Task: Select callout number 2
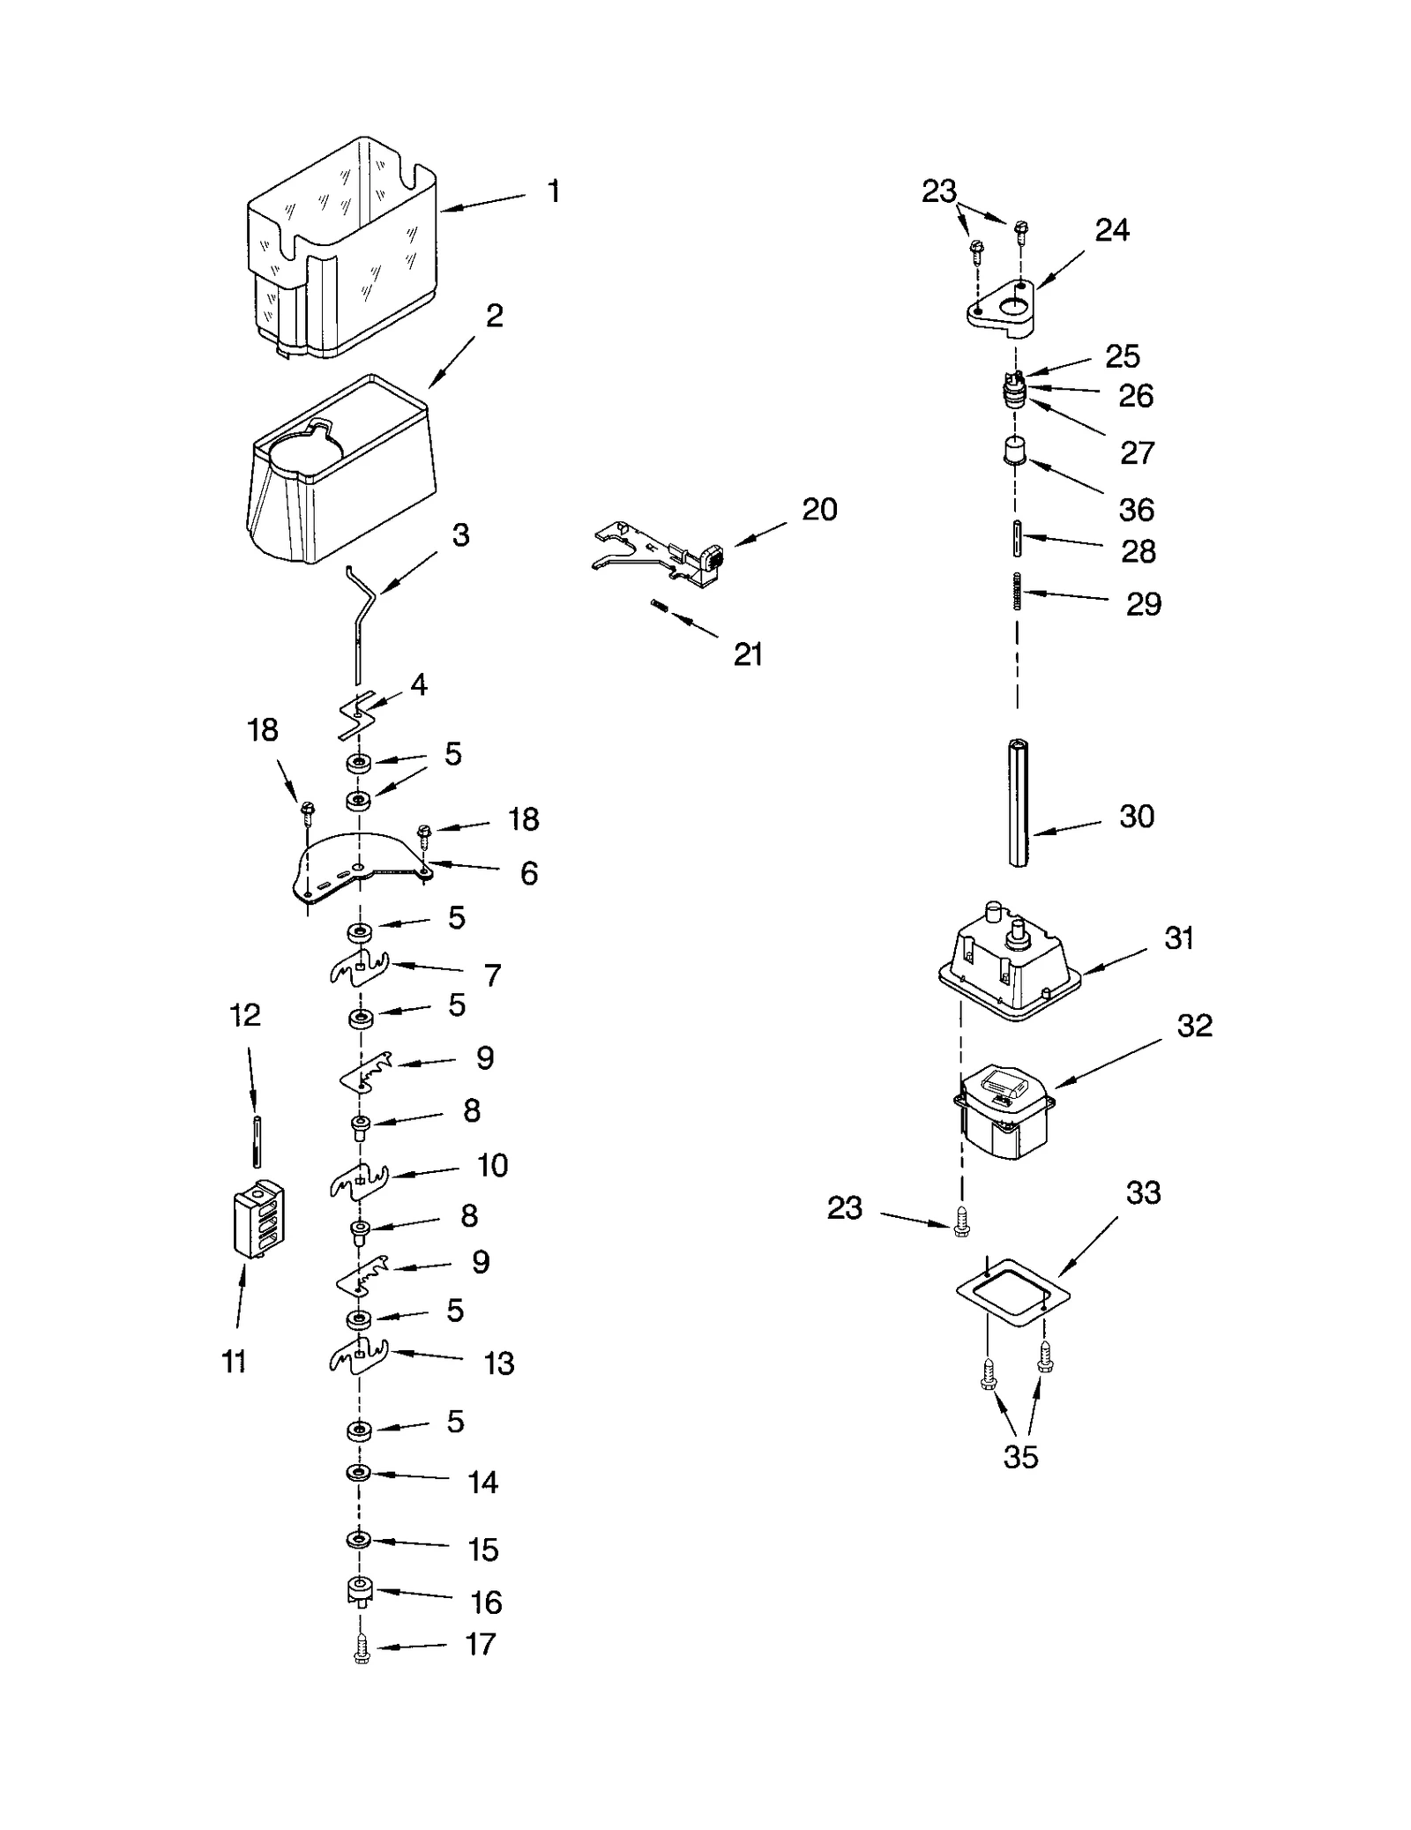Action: pos(495,316)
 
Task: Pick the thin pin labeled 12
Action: pos(257,1141)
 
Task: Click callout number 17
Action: pos(481,1644)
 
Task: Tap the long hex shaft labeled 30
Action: pos(1018,804)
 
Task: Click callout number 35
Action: pos(1020,1457)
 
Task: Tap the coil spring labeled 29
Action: pos(1017,590)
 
